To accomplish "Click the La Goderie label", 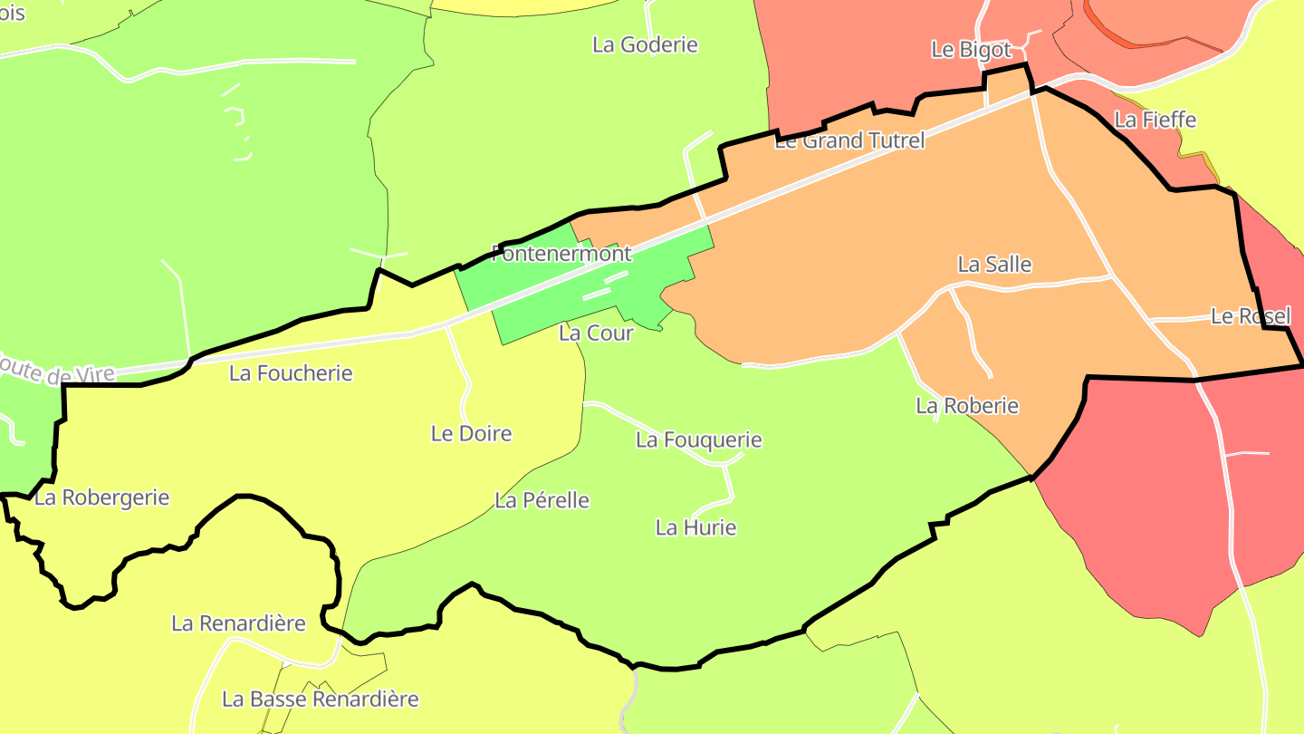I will click(x=645, y=44).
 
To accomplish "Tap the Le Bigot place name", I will click(x=971, y=50).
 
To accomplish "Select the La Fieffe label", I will click(x=1155, y=120).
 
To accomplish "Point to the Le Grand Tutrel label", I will click(x=849, y=140).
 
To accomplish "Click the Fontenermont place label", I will click(x=561, y=253).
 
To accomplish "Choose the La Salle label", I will click(x=994, y=264).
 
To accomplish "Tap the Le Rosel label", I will click(x=1250, y=316).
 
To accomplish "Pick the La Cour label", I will click(x=596, y=333).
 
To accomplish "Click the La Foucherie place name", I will click(x=291, y=372).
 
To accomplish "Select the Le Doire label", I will click(x=471, y=433).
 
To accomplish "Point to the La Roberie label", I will click(x=967, y=405).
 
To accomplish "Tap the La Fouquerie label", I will click(x=698, y=439).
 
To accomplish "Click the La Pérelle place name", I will click(x=542, y=499).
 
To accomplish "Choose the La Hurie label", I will click(x=695, y=526).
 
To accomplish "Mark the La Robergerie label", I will click(x=101, y=497).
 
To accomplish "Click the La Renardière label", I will click(x=238, y=623).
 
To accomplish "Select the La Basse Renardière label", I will click(x=321, y=699).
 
